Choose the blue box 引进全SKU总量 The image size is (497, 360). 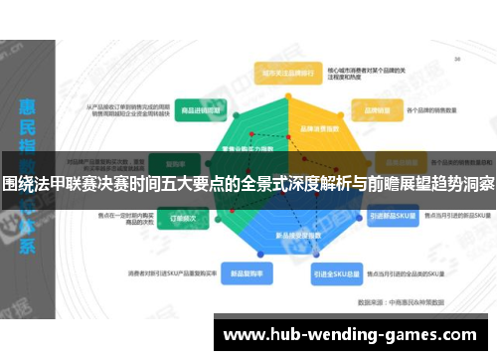(335, 272)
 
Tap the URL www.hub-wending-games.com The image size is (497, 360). (354, 333)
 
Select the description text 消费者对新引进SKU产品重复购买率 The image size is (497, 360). (166, 271)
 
